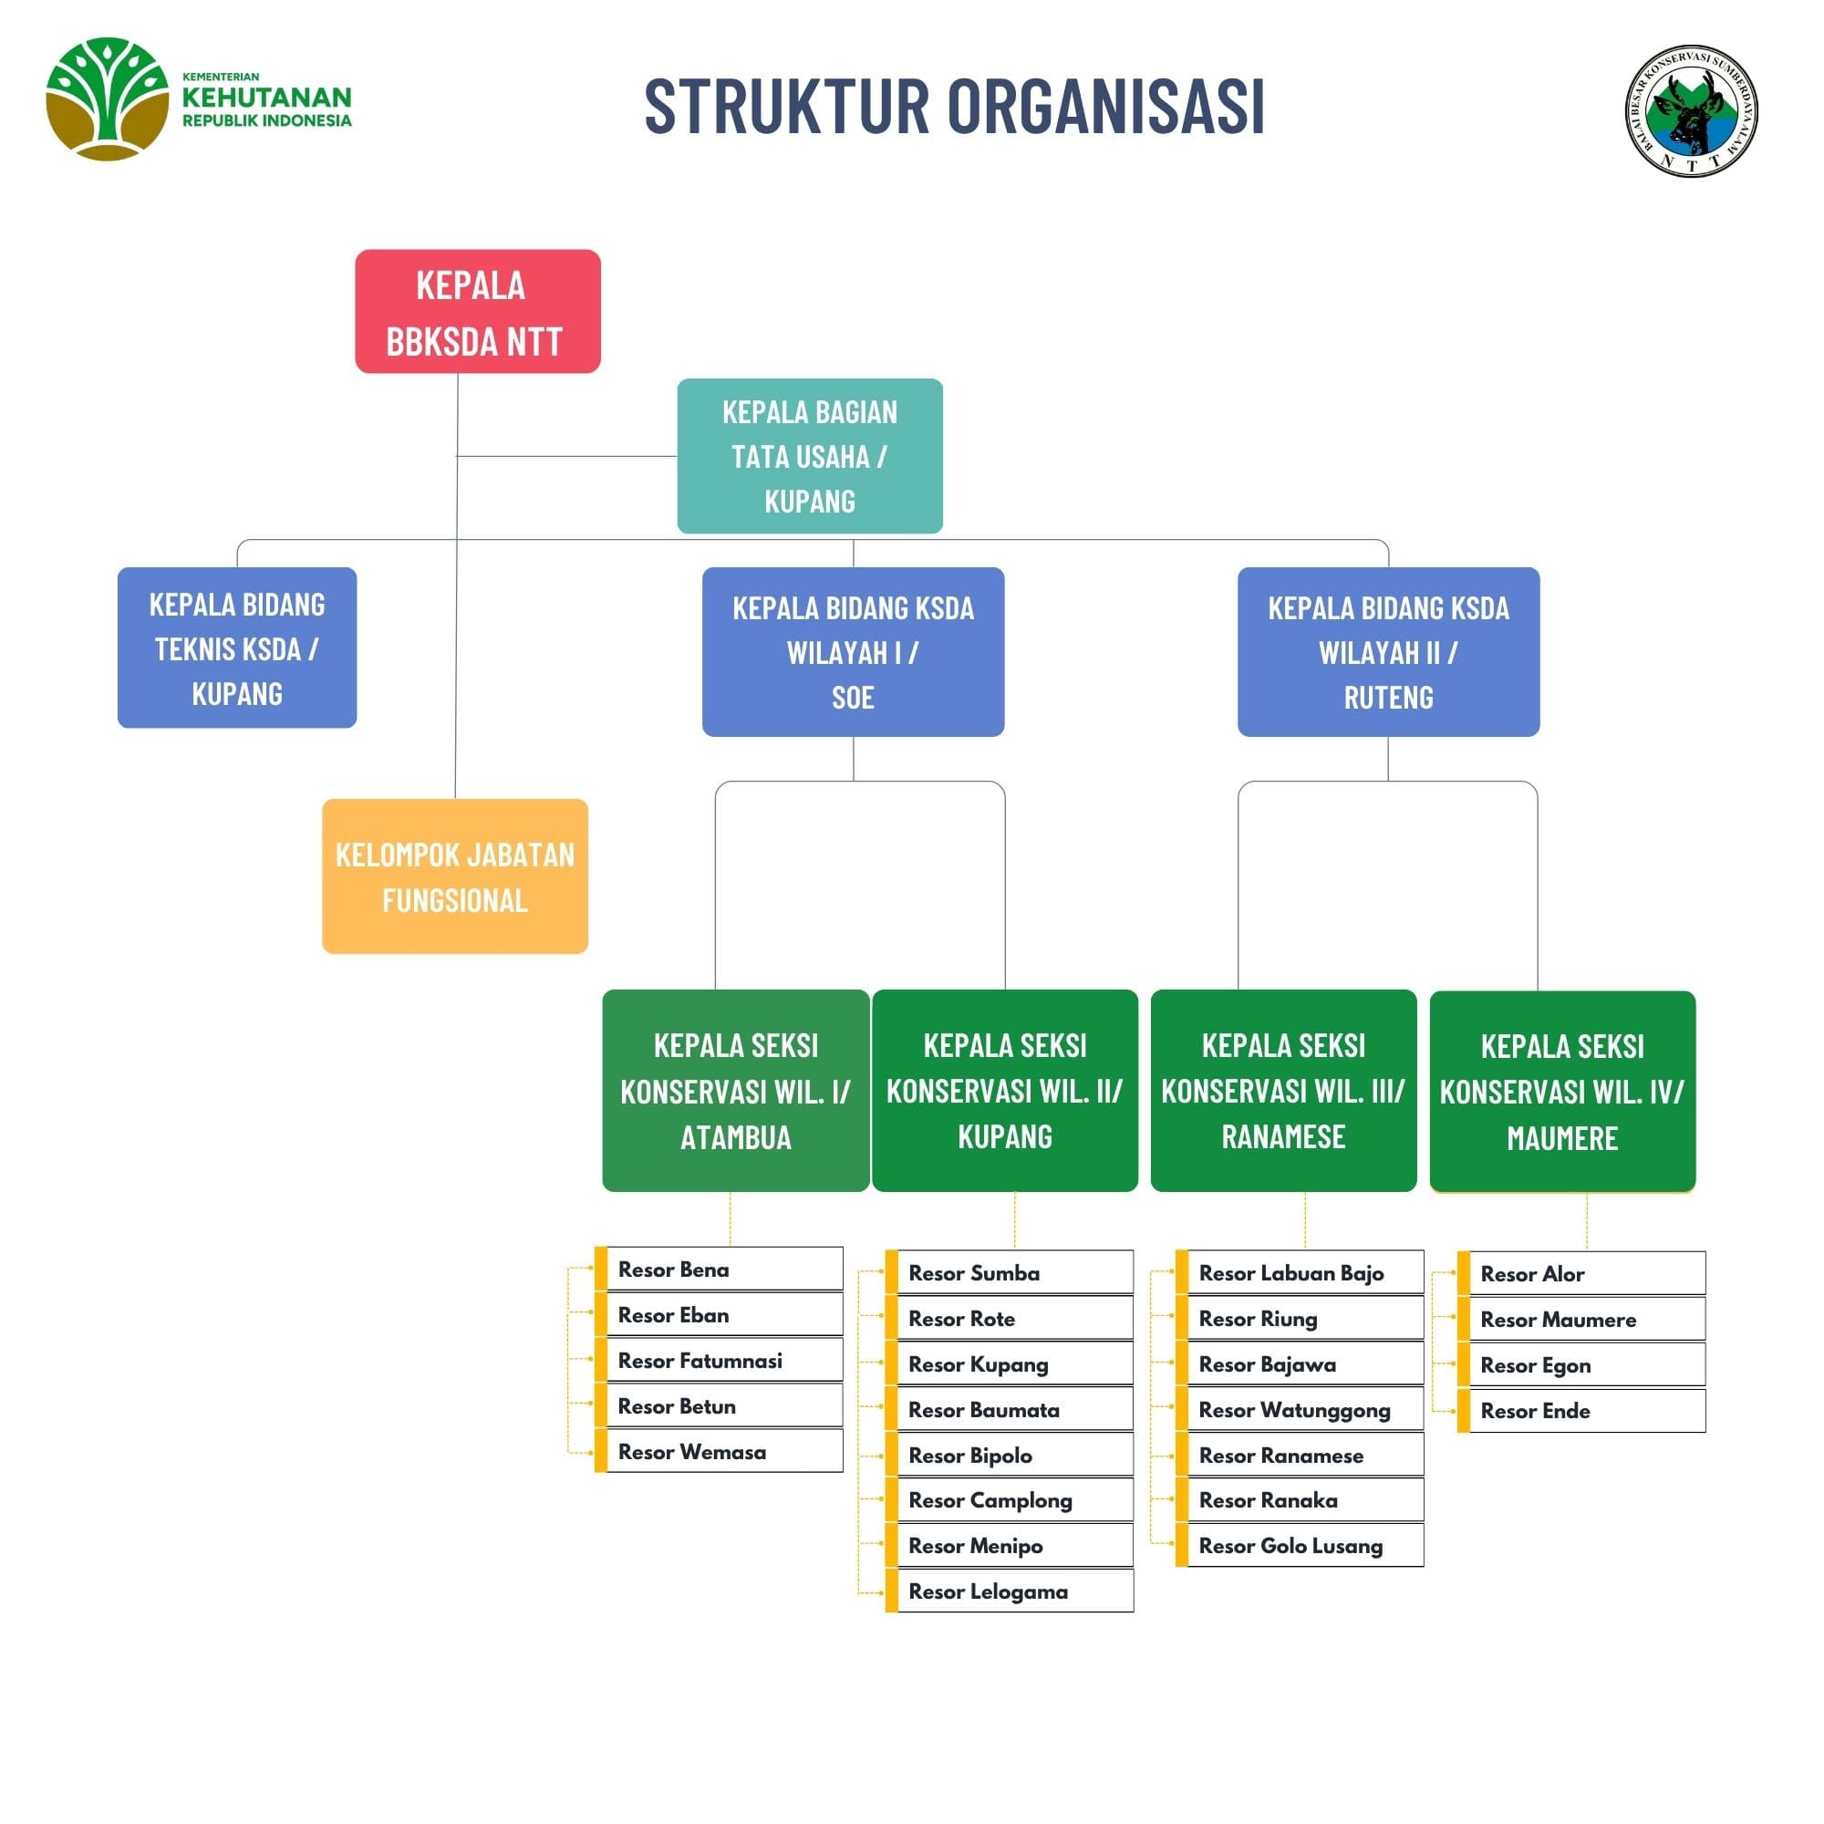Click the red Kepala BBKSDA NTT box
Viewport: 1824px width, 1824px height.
[477, 311]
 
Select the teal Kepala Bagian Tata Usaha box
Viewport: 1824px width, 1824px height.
[809, 456]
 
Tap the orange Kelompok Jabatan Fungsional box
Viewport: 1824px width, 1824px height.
[454, 876]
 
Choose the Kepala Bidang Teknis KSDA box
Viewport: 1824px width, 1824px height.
[237, 648]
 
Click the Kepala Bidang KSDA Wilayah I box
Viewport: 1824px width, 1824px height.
[853, 651]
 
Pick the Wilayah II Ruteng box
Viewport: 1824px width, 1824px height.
[1388, 651]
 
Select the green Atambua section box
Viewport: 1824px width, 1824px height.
[735, 1091]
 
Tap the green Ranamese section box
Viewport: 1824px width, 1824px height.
[1283, 1091]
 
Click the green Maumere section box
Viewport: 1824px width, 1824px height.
[1562, 1092]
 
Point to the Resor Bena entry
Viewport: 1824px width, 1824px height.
[722, 1269]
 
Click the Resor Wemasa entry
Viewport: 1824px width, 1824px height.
[722, 1451]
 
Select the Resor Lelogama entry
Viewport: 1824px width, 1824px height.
[1012, 1591]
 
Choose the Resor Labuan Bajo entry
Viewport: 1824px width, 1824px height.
[1303, 1272]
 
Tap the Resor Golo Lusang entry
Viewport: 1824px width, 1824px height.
[1303, 1546]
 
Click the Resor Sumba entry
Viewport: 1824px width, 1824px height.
[1012, 1272]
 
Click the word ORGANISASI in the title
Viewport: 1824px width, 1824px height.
[1105, 106]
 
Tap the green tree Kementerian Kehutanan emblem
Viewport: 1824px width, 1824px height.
[107, 98]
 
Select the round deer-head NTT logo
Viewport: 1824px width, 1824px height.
[1691, 109]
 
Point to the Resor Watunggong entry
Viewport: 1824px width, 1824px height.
[1303, 1410]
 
